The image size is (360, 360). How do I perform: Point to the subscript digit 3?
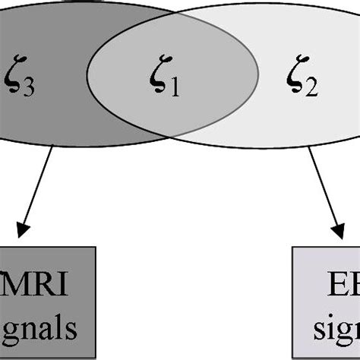27,88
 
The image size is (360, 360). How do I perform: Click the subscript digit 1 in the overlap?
175,89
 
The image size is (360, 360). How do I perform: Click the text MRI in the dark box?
38,287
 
